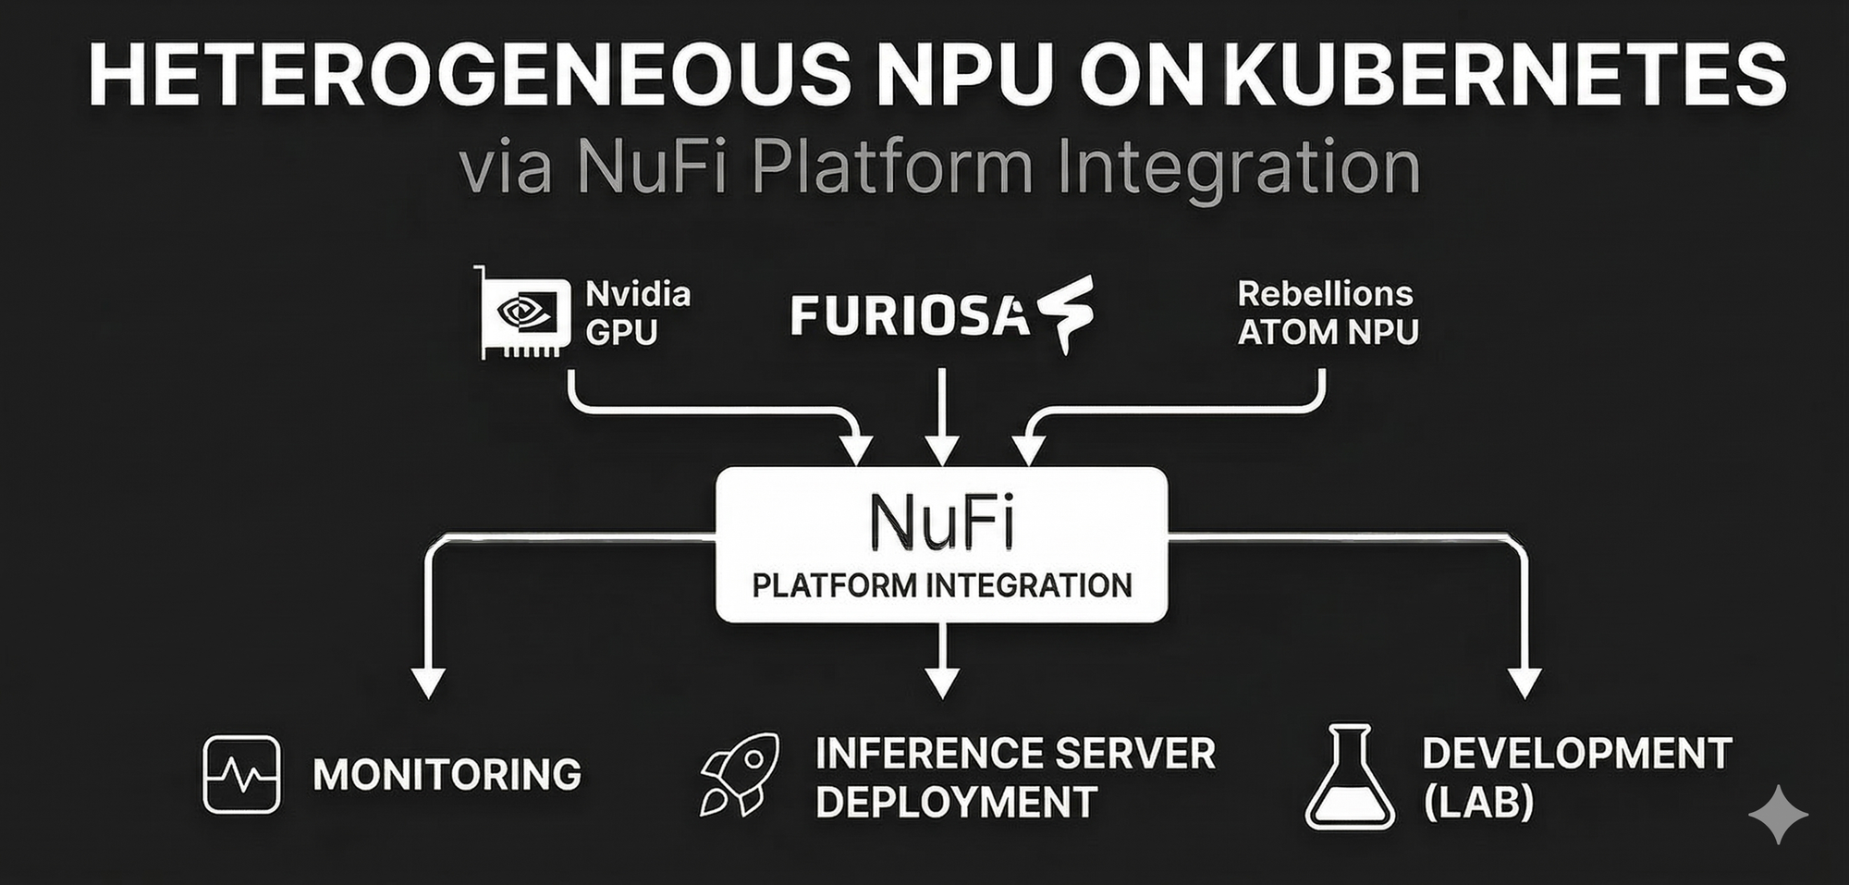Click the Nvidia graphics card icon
pos(523,313)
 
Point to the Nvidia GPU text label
pos(638,313)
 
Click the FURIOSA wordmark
pos(910,315)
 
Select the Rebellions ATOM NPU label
pos(1327,313)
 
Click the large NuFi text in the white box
pos(941,522)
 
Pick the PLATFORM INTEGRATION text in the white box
pos(941,585)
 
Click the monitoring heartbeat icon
pos(241,774)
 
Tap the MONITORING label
pos(447,775)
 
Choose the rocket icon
pos(739,775)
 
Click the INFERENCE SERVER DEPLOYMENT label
pos(1015,777)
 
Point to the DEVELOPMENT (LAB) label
pos(1576,777)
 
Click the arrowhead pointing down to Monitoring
pos(428,682)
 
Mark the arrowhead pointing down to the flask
pos(1524,682)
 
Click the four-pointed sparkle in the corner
pos(1778,815)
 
